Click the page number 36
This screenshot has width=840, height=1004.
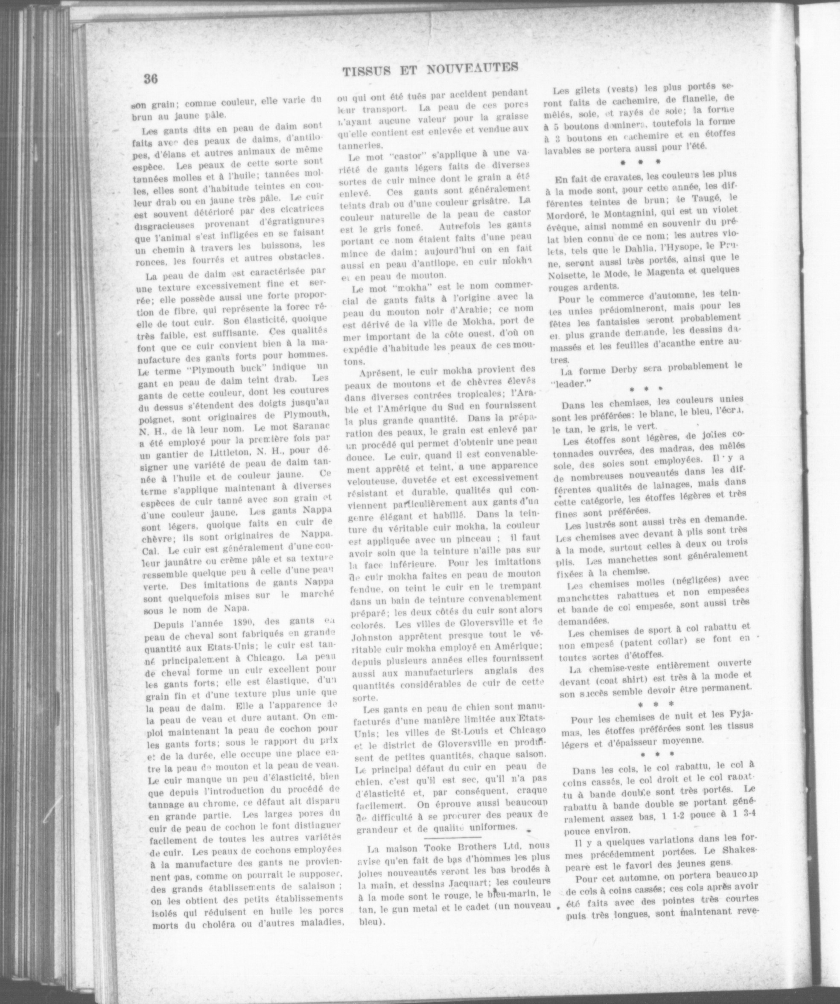coord(151,78)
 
